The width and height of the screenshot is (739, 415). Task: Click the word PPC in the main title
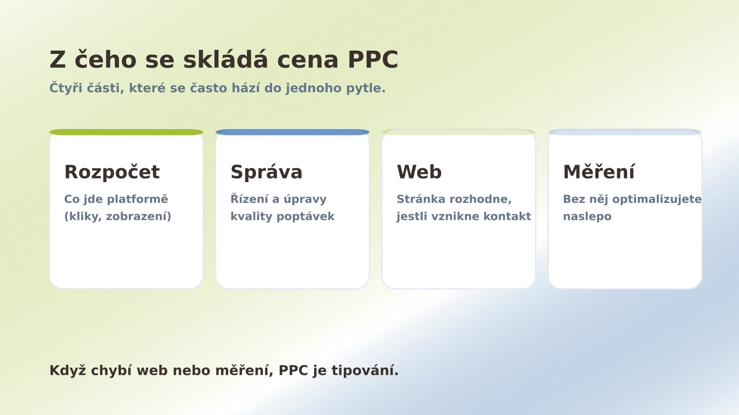point(372,60)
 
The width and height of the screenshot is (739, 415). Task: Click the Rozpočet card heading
point(112,172)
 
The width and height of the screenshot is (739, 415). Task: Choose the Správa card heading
point(267,172)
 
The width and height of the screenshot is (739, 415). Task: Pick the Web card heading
point(419,172)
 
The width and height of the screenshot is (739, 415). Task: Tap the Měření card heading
point(599,172)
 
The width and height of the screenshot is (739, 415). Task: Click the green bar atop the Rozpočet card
point(126,132)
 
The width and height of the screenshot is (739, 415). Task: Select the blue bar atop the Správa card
point(292,132)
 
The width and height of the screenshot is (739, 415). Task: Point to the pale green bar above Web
point(459,132)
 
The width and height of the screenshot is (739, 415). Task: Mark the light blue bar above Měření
point(625,132)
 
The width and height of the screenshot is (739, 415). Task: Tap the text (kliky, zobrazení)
point(117,216)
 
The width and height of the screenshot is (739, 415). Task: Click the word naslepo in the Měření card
point(587,216)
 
